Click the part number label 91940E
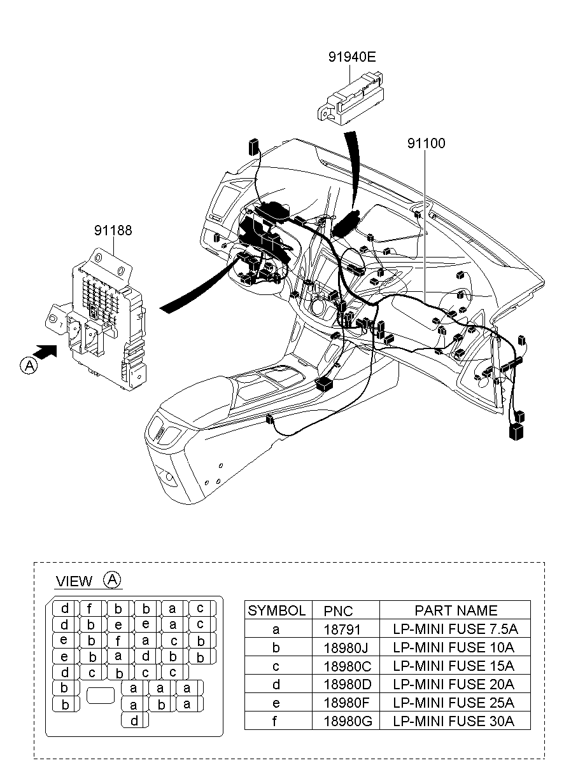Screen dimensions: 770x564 tap(352, 57)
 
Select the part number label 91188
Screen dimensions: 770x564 tap(113, 231)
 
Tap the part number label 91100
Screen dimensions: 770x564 tap(426, 144)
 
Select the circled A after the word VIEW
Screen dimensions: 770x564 tap(112, 579)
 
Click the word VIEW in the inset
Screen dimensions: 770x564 tap(74, 581)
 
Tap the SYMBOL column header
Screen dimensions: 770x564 tap(277, 610)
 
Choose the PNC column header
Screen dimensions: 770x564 tap(338, 610)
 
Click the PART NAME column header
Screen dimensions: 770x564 tap(456, 610)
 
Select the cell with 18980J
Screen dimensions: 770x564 tap(346, 648)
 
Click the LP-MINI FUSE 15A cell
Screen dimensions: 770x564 tap(455, 666)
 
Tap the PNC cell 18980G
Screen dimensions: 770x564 tap(346, 720)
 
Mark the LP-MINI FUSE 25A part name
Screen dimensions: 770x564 tap(455, 703)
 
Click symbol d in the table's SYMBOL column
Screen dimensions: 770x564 tap(277, 684)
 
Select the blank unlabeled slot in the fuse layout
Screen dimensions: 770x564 tap(100, 695)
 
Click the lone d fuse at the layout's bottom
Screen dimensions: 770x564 tap(134, 720)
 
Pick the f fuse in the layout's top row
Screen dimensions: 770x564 tap(91, 608)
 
